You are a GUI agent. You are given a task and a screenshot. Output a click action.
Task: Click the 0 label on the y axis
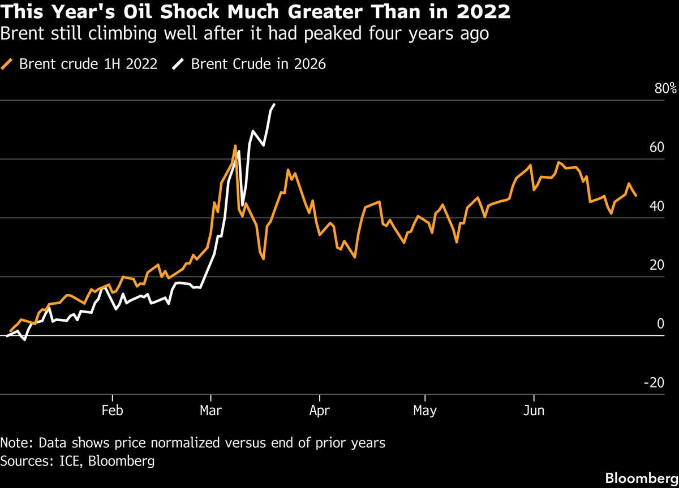[660, 324]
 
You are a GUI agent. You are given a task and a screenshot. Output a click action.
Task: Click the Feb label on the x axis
[113, 411]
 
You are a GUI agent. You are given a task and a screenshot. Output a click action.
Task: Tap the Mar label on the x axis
[210, 411]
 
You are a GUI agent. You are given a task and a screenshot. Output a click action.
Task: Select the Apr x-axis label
[320, 411]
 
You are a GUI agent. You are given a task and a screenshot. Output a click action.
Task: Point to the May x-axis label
[425, 411]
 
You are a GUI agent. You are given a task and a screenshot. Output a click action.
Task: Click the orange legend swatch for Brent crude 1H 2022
[8, 64]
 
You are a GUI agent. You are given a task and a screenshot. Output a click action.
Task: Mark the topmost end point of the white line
[274, 105]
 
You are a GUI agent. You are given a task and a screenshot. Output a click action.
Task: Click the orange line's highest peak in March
[235, 146]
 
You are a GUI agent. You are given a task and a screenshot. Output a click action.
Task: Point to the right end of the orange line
[636, 196]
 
